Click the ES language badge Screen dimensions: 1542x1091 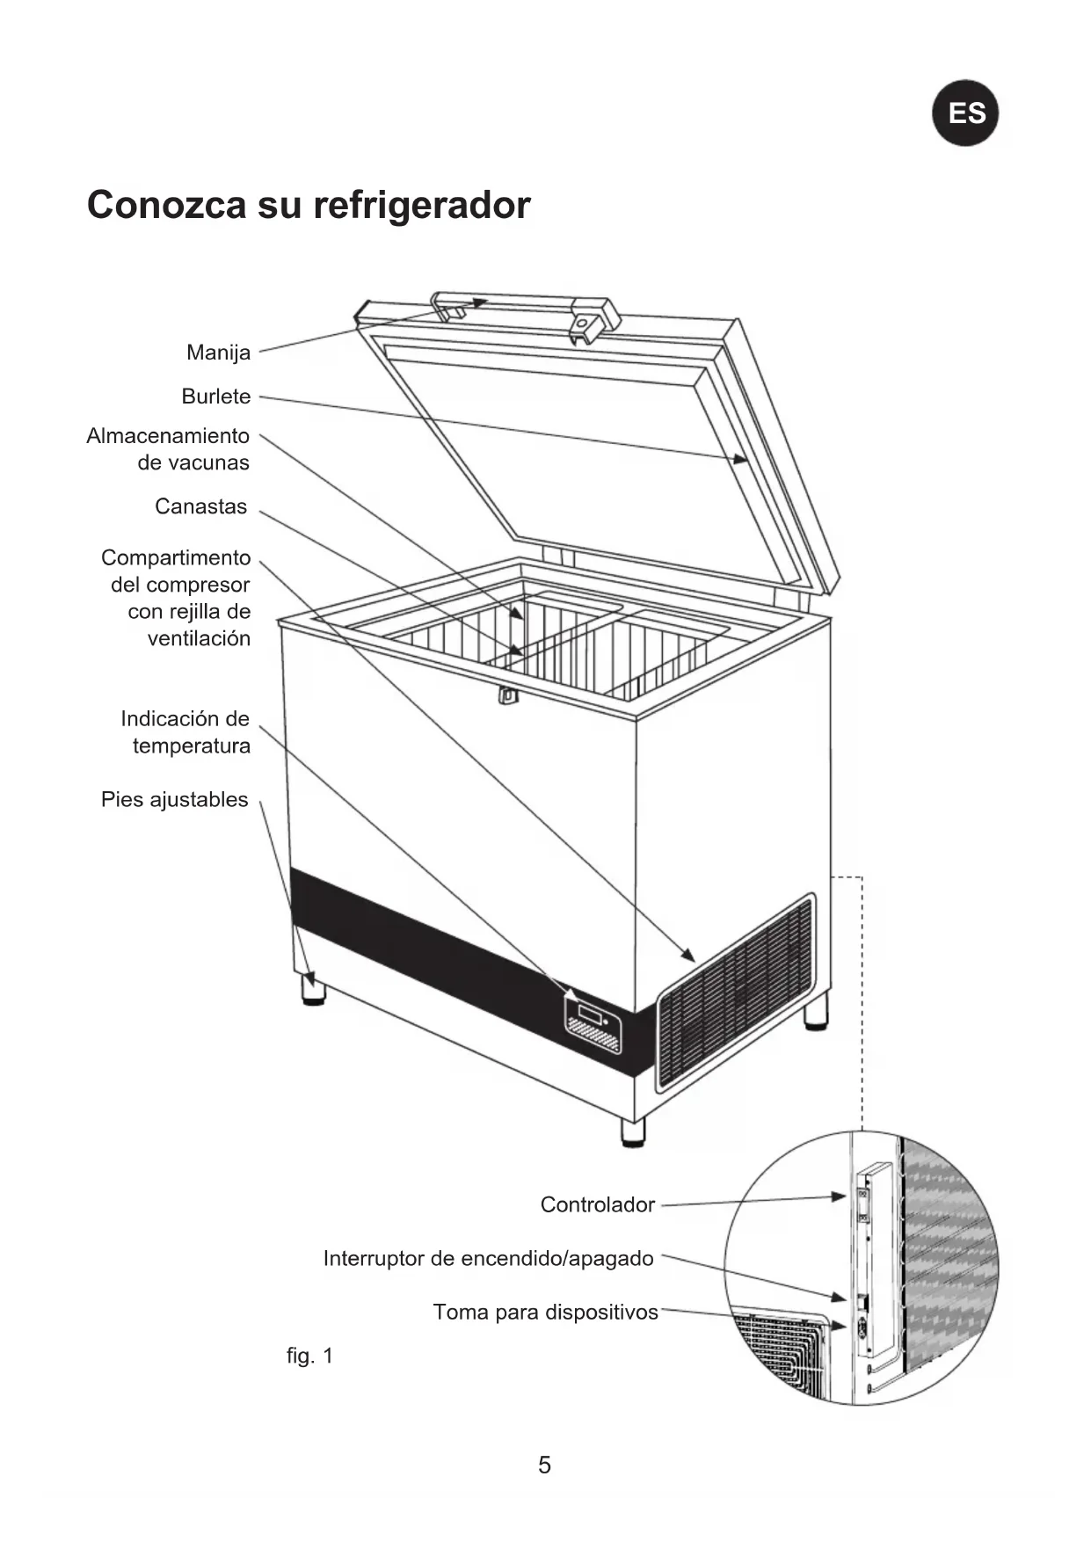(965, 113)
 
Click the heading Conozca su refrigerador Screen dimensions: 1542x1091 (309, 205)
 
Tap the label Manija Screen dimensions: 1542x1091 (218, 353)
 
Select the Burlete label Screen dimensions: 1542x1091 (215, 396)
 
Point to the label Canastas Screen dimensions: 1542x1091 (200, 506)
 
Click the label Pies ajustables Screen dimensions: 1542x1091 (174, 800)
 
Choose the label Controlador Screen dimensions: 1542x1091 (597, 1204)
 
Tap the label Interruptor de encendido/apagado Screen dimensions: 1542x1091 (488, 1258)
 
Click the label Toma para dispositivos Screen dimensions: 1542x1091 (545, 1312)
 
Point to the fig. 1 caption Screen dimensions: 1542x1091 (309, 1356)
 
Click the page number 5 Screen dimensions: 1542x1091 (544, 1465)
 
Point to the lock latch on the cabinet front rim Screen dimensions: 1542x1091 (507, 695)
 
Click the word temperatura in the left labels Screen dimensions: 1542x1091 (191, 746)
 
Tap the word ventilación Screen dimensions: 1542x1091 (199, 639)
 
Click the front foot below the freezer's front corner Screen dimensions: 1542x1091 (632, 1131)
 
